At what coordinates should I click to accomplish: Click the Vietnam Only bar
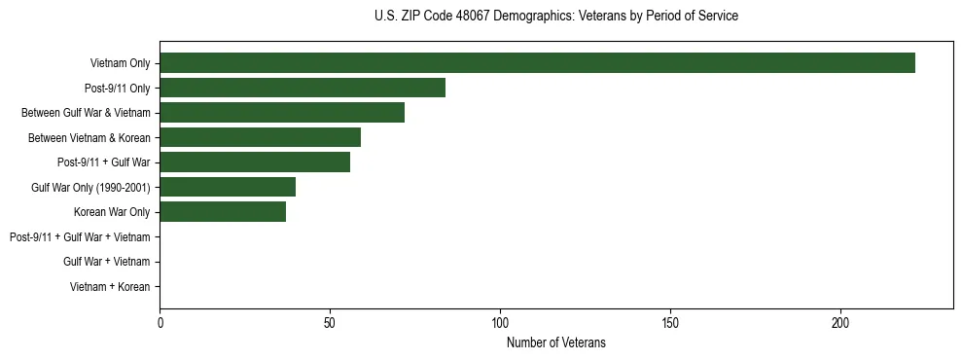click(x=537, y=63)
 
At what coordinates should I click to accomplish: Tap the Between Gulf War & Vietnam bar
click(x=282, y=113)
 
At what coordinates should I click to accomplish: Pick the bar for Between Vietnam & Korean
click(x=260, y=137)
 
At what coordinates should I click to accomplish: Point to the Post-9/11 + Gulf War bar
click(x=255, y=162)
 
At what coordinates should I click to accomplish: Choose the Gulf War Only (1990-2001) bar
click(x=228, y=187)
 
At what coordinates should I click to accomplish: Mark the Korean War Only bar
click(x=223, y=212)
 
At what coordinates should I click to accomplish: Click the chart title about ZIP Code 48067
click(x=556, y=17)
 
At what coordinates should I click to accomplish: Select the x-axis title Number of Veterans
click(x=556, y=342)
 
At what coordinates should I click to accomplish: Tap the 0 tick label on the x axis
click(x=160, y=322)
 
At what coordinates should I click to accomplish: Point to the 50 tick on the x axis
click(x=331, y=322)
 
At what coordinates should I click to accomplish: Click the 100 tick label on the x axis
click(x=501, y=322)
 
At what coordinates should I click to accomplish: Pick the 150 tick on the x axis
click(x=671, y=322)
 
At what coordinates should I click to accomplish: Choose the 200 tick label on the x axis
click(x=841, y=322)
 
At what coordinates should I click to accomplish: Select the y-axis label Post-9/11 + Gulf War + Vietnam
click(x=80, y=236)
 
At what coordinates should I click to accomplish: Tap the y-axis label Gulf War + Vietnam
click(x=106, y=262)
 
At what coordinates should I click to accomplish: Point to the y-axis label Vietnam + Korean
click(x=110, y=286)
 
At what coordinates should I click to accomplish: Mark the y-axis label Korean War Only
click(x=112, y=212)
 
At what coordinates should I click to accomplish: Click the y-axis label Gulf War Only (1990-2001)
click(x=90, y=187)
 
